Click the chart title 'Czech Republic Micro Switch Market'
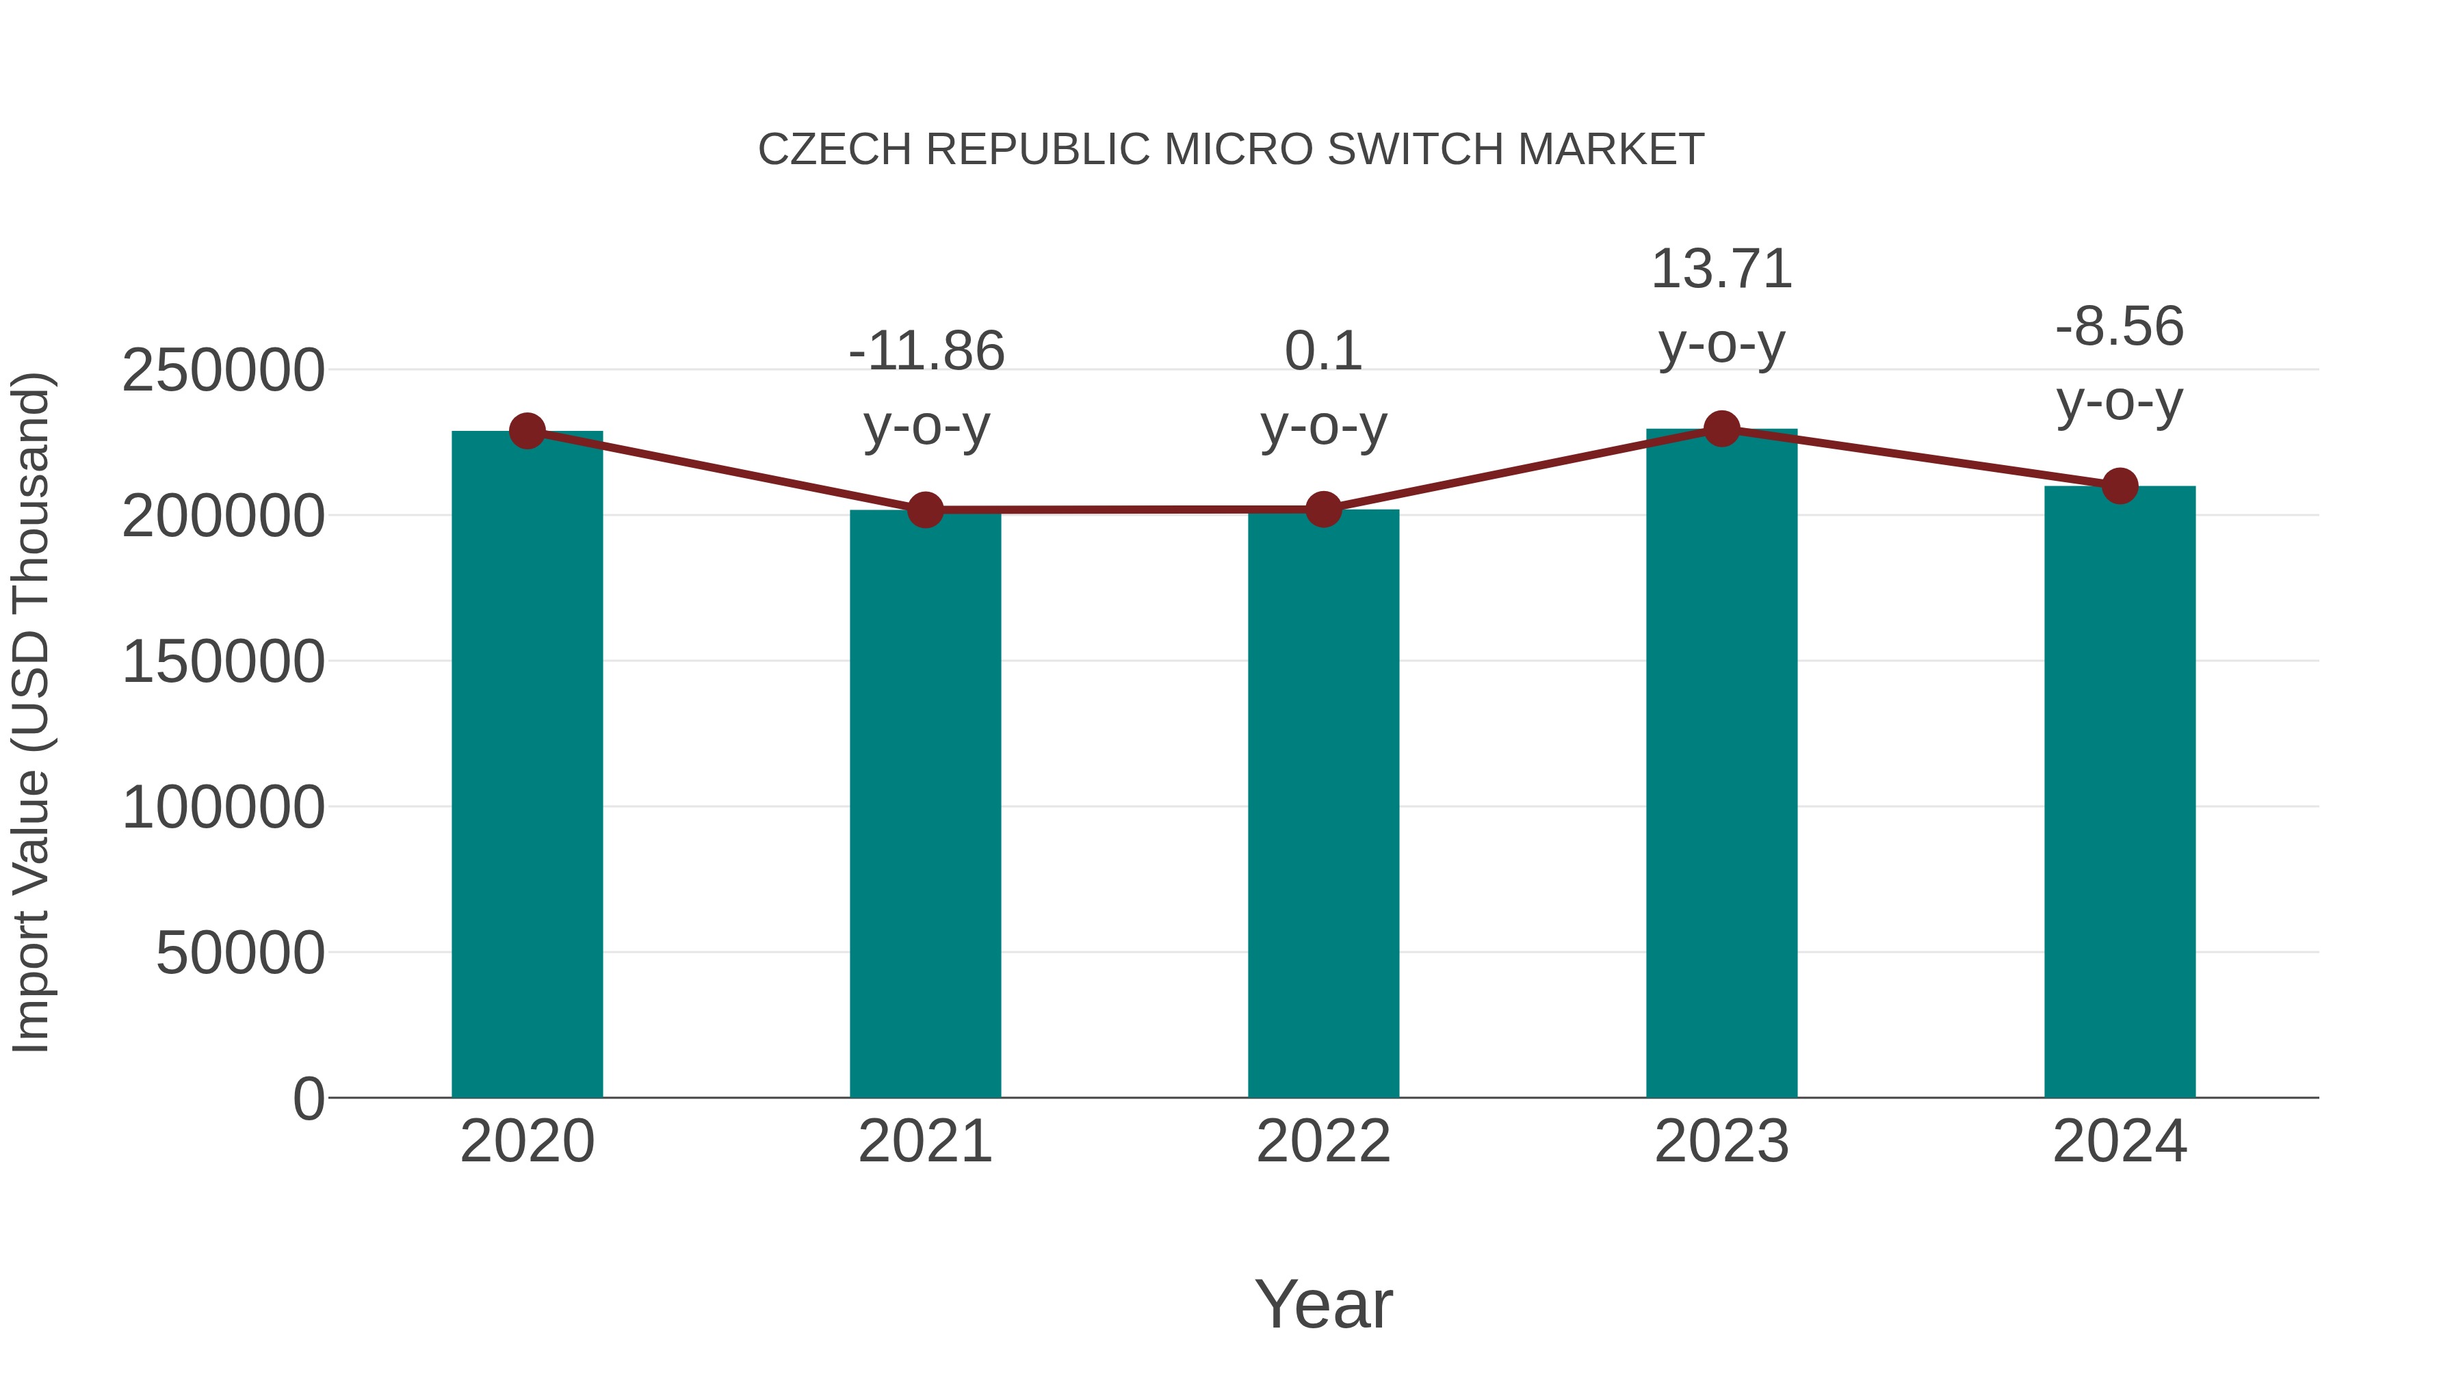(1231, 149)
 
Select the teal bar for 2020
(527, 765)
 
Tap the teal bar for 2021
(924, 803)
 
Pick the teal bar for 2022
(1323, 803)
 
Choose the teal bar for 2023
(1721, 765)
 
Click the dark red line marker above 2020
(527, 431)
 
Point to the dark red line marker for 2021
(924, 510)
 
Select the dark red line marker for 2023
(1721, 429)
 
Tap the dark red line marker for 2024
(2120, 486)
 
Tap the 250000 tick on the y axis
(223, 371)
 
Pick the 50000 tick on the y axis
(240, 953)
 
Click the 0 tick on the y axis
(309, 1098)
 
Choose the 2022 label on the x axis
(1323, 1142)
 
